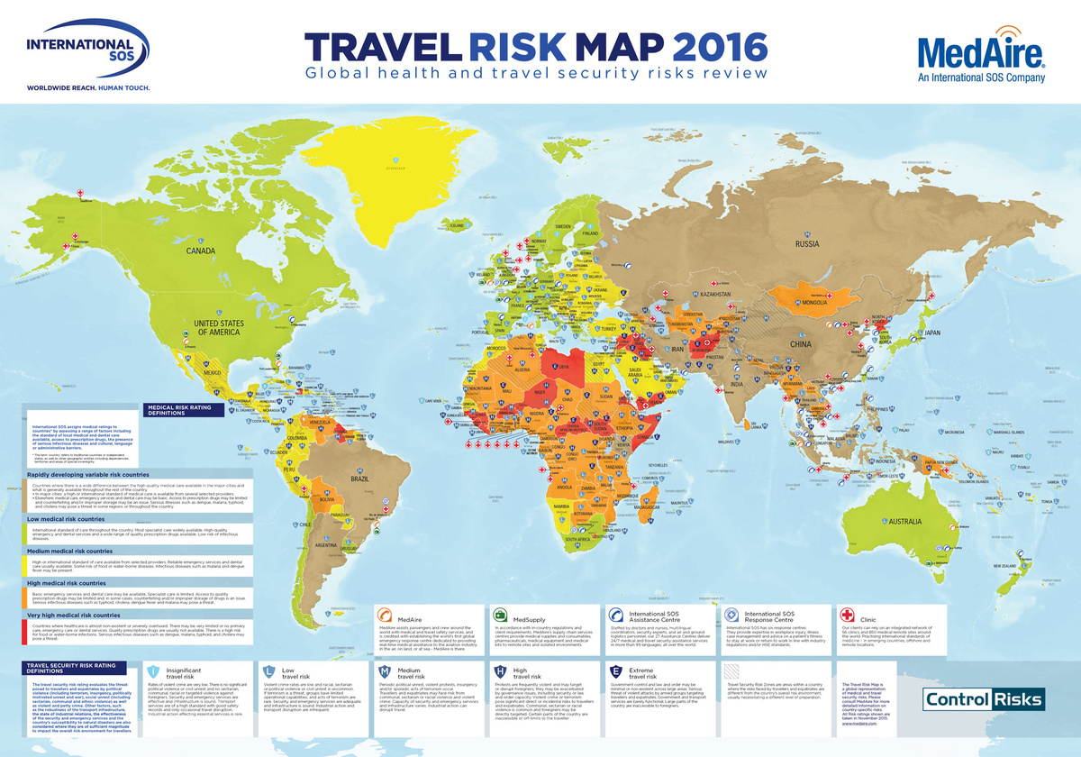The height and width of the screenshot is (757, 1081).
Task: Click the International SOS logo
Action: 80,55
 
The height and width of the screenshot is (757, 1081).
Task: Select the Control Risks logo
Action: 984,699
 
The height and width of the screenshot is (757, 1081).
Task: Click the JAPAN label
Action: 932,333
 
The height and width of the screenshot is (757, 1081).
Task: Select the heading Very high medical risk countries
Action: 82,616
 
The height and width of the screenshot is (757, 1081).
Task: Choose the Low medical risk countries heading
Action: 71,520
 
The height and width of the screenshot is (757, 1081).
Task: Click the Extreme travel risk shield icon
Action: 616,671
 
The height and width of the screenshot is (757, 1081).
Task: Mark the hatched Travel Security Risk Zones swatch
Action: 731,671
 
